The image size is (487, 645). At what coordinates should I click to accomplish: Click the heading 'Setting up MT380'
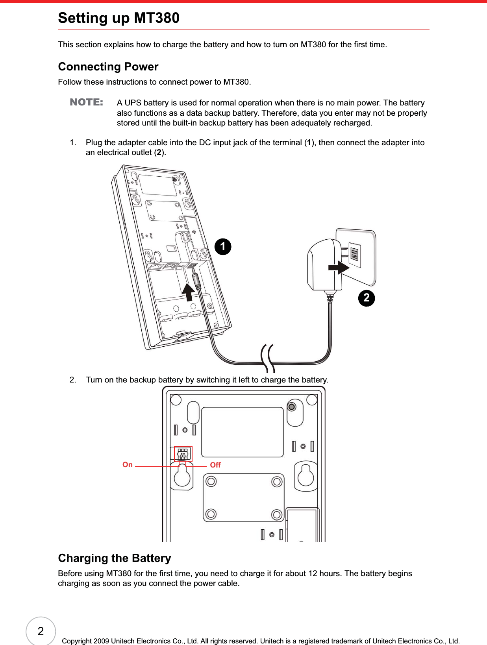(x=119, y=18)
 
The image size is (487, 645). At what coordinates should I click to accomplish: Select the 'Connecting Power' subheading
(x=108, y=67)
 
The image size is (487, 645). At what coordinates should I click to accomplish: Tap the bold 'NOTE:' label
(x=86, y=102)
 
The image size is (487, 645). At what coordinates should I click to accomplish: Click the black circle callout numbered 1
(x=223, y=247)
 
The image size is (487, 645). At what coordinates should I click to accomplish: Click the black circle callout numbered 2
(x=366, y=298)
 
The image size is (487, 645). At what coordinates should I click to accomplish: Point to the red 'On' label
(x=128, y=465)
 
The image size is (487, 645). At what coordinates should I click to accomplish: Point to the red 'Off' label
(x=215, y=465)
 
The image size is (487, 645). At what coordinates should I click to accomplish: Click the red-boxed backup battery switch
(x=183, y=454)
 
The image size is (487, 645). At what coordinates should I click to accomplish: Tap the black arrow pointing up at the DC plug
(x=188, y=292)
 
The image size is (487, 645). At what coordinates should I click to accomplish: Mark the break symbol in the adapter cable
(x=268, y=358)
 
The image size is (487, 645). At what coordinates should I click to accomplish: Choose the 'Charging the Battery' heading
(x=114, y=558)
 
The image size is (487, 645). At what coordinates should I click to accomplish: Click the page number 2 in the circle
(x=41, y=631)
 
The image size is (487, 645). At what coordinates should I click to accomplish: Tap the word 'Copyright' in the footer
(x=77, y=641)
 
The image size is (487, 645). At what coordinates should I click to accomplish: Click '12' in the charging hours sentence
(x=313, y=573)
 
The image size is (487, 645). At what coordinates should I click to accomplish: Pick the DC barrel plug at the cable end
(x=196, y=281)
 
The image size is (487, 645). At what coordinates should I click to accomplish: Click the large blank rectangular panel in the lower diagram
(x=242, y=432)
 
